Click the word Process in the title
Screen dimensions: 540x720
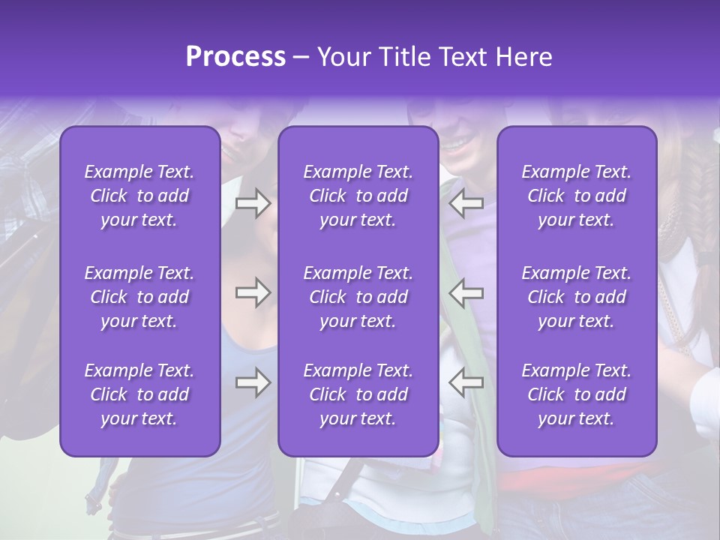pos(235,57)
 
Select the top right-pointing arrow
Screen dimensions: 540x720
pos(253,203)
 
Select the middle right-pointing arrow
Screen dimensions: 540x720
pos(253,292)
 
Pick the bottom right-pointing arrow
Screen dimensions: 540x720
pos(253,382)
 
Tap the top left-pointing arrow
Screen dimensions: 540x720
pos(466,203)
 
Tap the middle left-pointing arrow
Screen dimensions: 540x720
pos(466,292)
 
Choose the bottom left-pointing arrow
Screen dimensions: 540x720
pos(466,382)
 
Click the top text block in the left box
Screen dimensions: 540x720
pos(139,196)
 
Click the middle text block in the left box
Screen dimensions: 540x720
pos(139,297)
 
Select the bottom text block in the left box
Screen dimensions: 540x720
pos(139,394)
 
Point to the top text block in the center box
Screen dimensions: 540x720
pos(358,196)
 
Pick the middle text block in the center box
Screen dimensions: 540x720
pos(358,297)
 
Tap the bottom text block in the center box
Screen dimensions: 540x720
pos(358,394)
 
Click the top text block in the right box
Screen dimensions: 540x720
pos(577,196)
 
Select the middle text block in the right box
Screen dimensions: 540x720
pos(577,297)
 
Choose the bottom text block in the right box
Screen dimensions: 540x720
pos(577,394)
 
